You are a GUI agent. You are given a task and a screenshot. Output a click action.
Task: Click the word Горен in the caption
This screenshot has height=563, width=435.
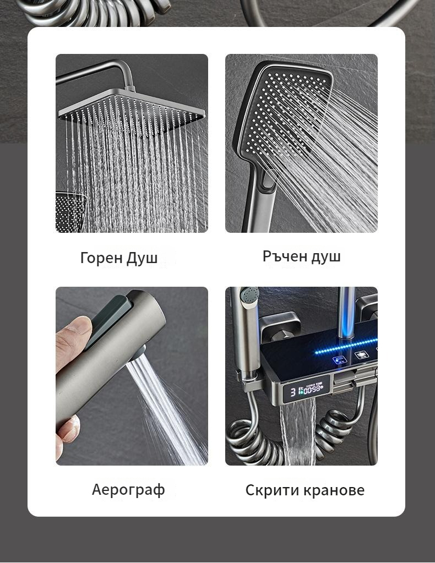click(101, 258)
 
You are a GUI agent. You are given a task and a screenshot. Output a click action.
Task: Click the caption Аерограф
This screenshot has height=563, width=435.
click(129, 490)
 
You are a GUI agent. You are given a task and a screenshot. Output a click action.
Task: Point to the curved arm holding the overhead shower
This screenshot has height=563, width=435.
click(104, 71)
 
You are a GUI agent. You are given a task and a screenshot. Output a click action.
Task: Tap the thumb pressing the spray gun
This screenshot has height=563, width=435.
click(73, 337)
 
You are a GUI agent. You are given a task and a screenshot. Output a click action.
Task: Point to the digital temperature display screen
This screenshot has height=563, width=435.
click(306, 390)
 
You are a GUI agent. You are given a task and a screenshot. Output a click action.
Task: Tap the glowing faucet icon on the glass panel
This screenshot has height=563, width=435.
click(339, 360)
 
